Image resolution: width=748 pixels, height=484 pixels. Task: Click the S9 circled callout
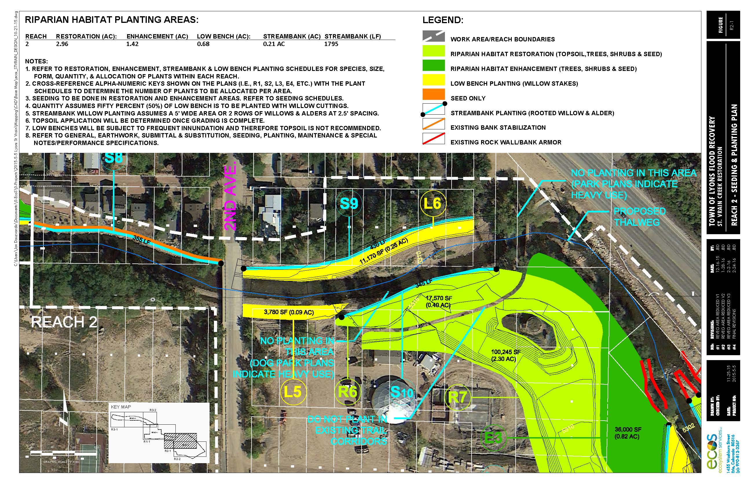[349, 204]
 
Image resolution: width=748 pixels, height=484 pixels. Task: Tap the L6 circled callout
[432, 204]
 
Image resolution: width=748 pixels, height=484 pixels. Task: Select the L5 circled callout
[293, 392]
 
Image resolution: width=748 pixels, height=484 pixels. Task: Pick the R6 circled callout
[347, 392]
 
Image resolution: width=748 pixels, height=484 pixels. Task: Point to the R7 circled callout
[458, 397]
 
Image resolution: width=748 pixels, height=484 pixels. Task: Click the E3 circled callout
[494, 437]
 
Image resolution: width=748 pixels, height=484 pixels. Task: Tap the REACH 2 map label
[64, 322]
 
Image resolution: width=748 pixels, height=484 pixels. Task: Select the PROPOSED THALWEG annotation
[639, 217]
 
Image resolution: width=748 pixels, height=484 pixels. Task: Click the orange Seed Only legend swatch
[433, 95]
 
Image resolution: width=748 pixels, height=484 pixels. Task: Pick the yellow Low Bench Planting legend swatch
[433, 80]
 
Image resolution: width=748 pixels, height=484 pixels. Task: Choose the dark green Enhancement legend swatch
[433, 65]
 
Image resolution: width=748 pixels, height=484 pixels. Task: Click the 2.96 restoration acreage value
[62, 44]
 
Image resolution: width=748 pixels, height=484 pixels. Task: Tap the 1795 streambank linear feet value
[331, 44]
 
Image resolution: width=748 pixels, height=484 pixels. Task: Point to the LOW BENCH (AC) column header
[223, 36]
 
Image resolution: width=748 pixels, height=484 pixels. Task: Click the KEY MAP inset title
[121, 407]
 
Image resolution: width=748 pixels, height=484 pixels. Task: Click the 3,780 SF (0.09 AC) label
[289, 312]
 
